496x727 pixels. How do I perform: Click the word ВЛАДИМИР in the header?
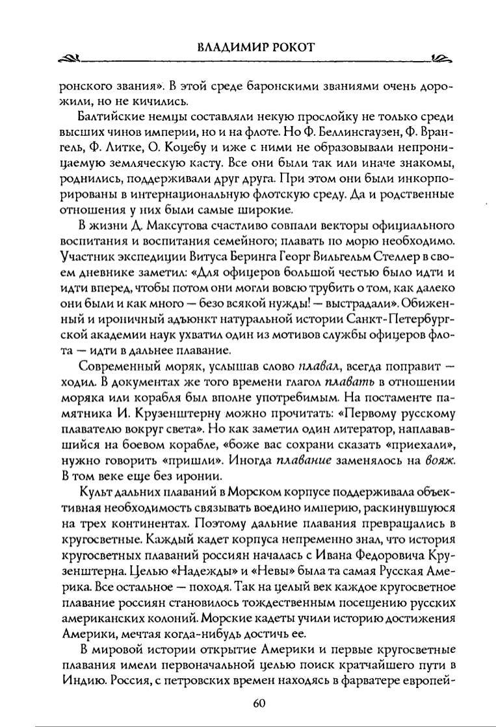click(224, 47)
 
